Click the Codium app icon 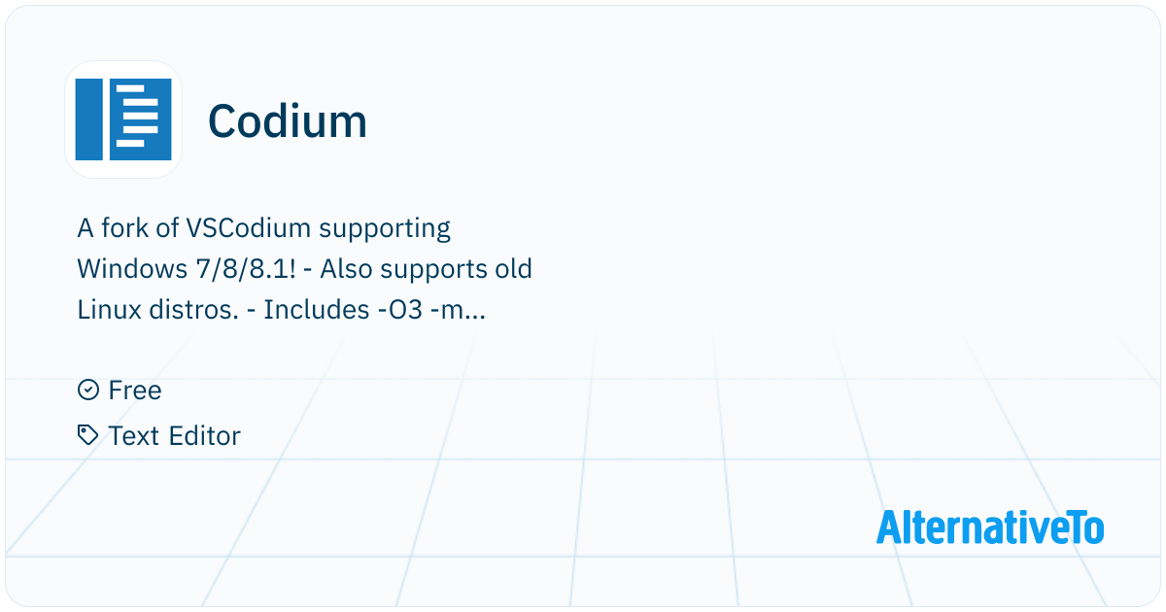click(123, 119)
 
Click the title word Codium click(288, 121)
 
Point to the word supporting click(385, 229)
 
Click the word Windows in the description click(132, 269)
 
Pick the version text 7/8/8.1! click(246, 270)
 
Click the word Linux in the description click(109, 310)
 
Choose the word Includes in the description click(317, 310)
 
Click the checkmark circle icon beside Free click(88, 390)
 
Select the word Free click(135, 391)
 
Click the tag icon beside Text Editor click(88, 435)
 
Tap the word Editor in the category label click(204, 435)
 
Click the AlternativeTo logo click(989, 527)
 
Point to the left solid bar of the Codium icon click(89, 119)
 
